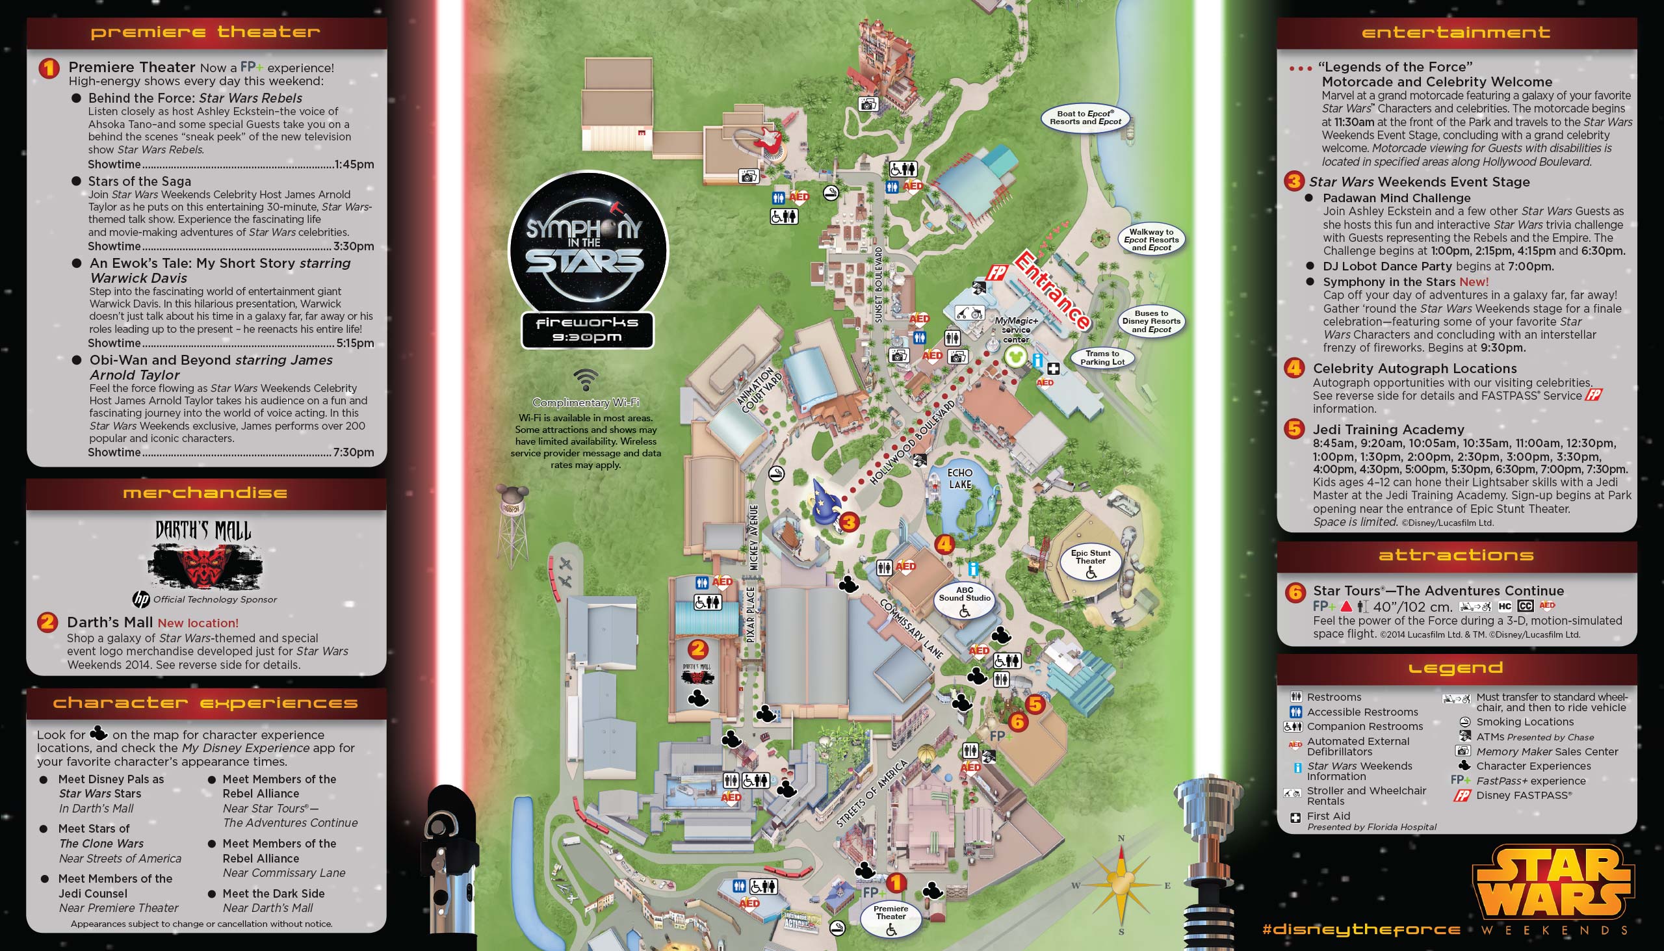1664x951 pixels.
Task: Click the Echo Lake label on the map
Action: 959,479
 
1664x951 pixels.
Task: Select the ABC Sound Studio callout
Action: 965,599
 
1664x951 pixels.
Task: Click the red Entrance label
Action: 1052,289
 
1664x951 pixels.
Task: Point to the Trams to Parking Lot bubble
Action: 1102,358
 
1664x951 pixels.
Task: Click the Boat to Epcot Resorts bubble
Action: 1085,118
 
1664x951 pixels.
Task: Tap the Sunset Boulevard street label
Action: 878,284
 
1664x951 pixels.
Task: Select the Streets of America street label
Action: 872,794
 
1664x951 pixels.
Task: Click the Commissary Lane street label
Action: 912,629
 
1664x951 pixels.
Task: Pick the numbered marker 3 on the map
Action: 849,522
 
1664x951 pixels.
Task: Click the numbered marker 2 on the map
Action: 697,649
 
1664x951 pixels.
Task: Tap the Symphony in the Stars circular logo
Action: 588,246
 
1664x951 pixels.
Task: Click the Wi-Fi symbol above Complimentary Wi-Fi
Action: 586,380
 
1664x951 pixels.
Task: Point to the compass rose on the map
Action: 1121,885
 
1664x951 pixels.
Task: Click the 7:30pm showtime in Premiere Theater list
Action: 354,452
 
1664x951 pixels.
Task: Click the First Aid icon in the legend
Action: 1295,818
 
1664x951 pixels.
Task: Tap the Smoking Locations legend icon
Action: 1465,722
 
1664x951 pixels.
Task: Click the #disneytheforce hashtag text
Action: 1361,930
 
